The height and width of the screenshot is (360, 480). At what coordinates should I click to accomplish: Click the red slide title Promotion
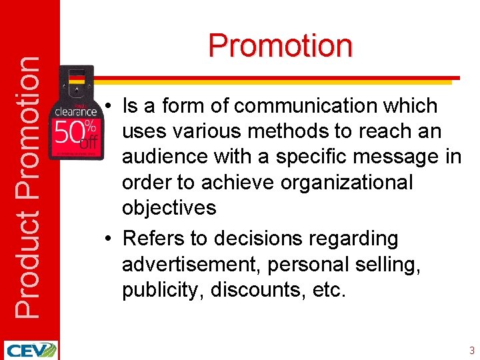pos(280,45)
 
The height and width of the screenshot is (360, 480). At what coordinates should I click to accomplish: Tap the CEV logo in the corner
pos(30,350)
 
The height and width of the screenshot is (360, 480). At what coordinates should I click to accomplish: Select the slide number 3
pos(471,350)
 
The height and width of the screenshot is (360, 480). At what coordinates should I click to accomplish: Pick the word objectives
pos(169,208)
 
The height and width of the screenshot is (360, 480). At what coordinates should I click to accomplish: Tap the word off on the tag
pos(88,142)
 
